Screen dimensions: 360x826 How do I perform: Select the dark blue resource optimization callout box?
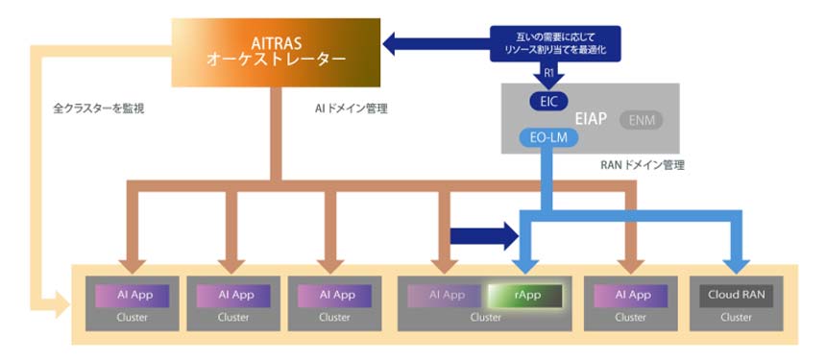[554, 43]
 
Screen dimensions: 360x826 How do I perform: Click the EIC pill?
[548, 100]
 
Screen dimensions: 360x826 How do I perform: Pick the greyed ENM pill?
[641, 120]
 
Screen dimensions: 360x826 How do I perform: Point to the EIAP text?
[591, 119]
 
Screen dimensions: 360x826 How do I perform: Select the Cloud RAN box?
[736, 295]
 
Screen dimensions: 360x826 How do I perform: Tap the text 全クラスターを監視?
[98, 108]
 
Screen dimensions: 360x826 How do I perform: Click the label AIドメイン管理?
[351, 108]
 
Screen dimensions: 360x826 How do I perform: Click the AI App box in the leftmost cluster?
[132, 295]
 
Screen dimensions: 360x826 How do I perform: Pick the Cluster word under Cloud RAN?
[736, 317]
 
